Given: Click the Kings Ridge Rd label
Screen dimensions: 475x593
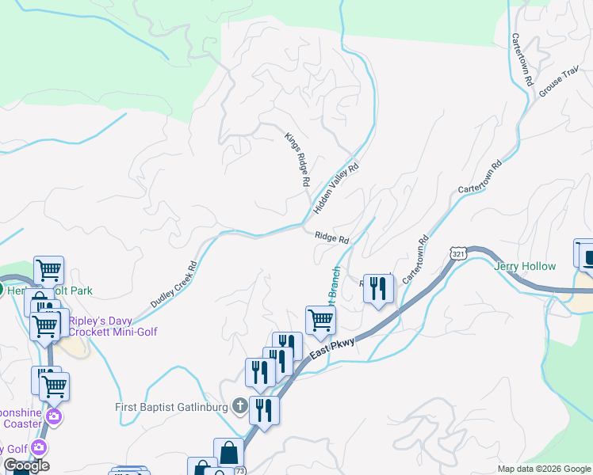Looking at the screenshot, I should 297,159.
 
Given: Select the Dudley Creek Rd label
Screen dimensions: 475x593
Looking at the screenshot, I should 173,285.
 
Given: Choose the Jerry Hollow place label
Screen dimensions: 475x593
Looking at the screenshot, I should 525,267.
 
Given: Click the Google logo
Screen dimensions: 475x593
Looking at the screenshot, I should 26,466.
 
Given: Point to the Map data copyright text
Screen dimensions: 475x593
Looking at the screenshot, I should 544,469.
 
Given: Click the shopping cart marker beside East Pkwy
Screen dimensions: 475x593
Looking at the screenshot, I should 320,321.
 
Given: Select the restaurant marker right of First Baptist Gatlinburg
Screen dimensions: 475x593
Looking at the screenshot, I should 264,410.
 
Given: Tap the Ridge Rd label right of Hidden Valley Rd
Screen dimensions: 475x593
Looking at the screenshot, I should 331,237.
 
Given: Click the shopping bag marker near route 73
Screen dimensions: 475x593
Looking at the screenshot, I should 228,453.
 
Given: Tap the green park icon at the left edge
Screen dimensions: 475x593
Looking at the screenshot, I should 2,291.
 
